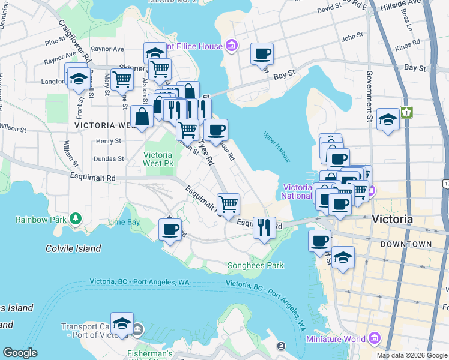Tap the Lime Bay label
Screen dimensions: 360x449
(x=124, y=222)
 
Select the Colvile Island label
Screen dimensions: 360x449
(x=73, y=248)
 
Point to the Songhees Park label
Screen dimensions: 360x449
(x=255, y=265)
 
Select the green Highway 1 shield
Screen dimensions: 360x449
(x=407, y=112)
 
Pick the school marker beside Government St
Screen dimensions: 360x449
(x=388, y=119)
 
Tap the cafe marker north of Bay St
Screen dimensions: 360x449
(x=262, y=53)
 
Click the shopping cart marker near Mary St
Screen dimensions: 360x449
(x=122, y=78)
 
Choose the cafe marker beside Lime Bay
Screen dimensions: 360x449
(x=170, y=229)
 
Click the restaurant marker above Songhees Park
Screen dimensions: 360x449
(x=264, y=227)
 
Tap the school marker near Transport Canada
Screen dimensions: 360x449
(x=122, y=323)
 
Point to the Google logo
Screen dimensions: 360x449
(x=20, y=353)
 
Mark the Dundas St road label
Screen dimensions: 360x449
(x=108, y=159)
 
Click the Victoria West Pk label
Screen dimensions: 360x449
(x=158, y=158)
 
